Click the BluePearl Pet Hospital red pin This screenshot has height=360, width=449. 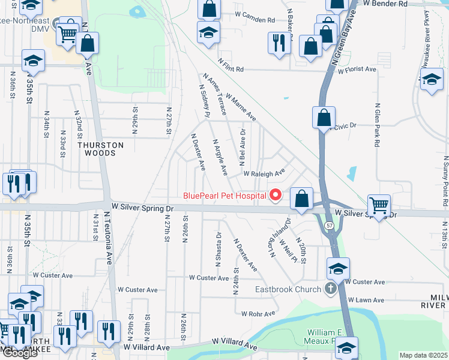(x=276, y=195)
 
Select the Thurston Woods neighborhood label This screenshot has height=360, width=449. (x=100, y=149)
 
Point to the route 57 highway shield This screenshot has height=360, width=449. (x=330, y=225)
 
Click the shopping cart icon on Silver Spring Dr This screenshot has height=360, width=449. (x=379, y=206)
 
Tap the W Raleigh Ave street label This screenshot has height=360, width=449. (x=264, y=173)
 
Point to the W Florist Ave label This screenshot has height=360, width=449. (x=357, y=70)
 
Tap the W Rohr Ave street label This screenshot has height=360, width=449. (x=259, y=313)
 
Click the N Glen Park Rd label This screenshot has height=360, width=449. (x=378, y=128)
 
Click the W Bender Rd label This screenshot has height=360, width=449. (x=386, y=4)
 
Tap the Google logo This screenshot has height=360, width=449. (x=20, y=353)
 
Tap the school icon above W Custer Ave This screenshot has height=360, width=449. (x=338, y=269)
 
